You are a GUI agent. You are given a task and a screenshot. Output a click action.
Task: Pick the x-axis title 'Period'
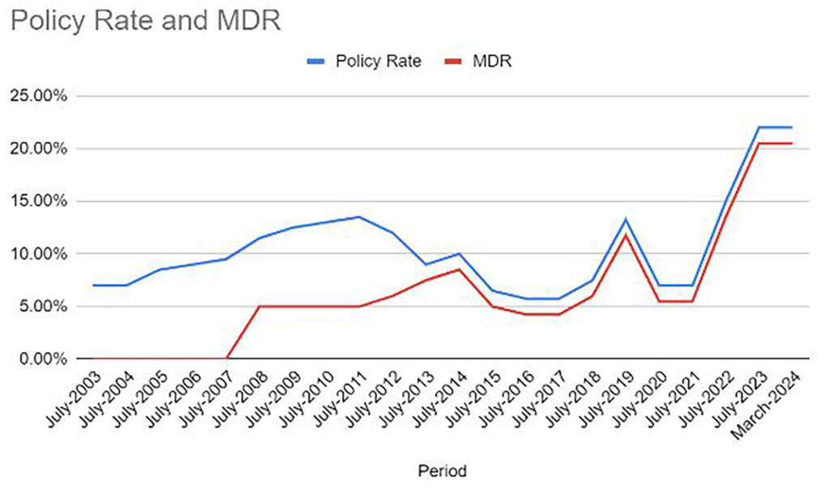(442, 470)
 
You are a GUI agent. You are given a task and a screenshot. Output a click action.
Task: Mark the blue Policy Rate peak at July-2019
(626, 219)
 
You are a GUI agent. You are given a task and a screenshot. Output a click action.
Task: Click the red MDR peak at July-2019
(626, 236)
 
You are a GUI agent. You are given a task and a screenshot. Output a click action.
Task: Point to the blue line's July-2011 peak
(359, 217)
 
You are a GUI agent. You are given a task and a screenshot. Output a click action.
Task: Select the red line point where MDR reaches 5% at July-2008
(259, 307)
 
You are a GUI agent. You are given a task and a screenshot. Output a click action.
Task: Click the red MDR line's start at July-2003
(93, 358)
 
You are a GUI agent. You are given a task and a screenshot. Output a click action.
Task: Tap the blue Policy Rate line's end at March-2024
(791, 127)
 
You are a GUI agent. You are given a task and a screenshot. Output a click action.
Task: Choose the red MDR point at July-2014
(460, 269)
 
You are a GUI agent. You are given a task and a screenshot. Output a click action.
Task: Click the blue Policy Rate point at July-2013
(426, 264)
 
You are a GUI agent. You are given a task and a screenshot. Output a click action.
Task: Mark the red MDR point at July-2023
(759, 144)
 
